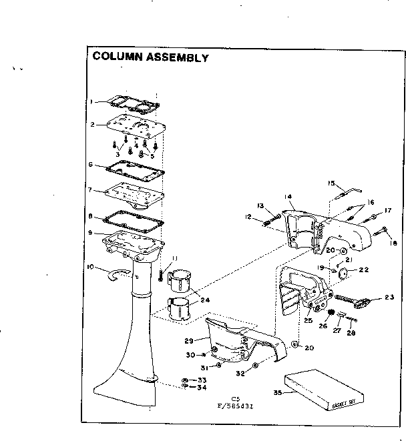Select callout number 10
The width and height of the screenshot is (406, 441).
pyautogui.click(x=90, y=267)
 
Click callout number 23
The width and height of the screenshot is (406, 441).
pyautogui.click(x=390, y=298)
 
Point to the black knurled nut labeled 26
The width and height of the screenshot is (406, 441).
pyautogui.click(x=330, y=312)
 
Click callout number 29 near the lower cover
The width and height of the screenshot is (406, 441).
pyautogui.click(x=188, y=340)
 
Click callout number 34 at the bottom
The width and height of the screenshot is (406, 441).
pyautogui.click(x=202, y=388)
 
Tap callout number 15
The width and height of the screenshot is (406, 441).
pyautogui.click(x=330, y=183)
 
